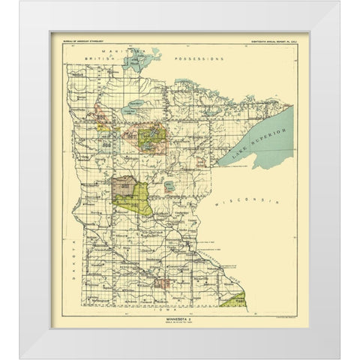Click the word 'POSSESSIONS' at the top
point(198,58)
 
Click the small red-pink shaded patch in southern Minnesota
point(162,283)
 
